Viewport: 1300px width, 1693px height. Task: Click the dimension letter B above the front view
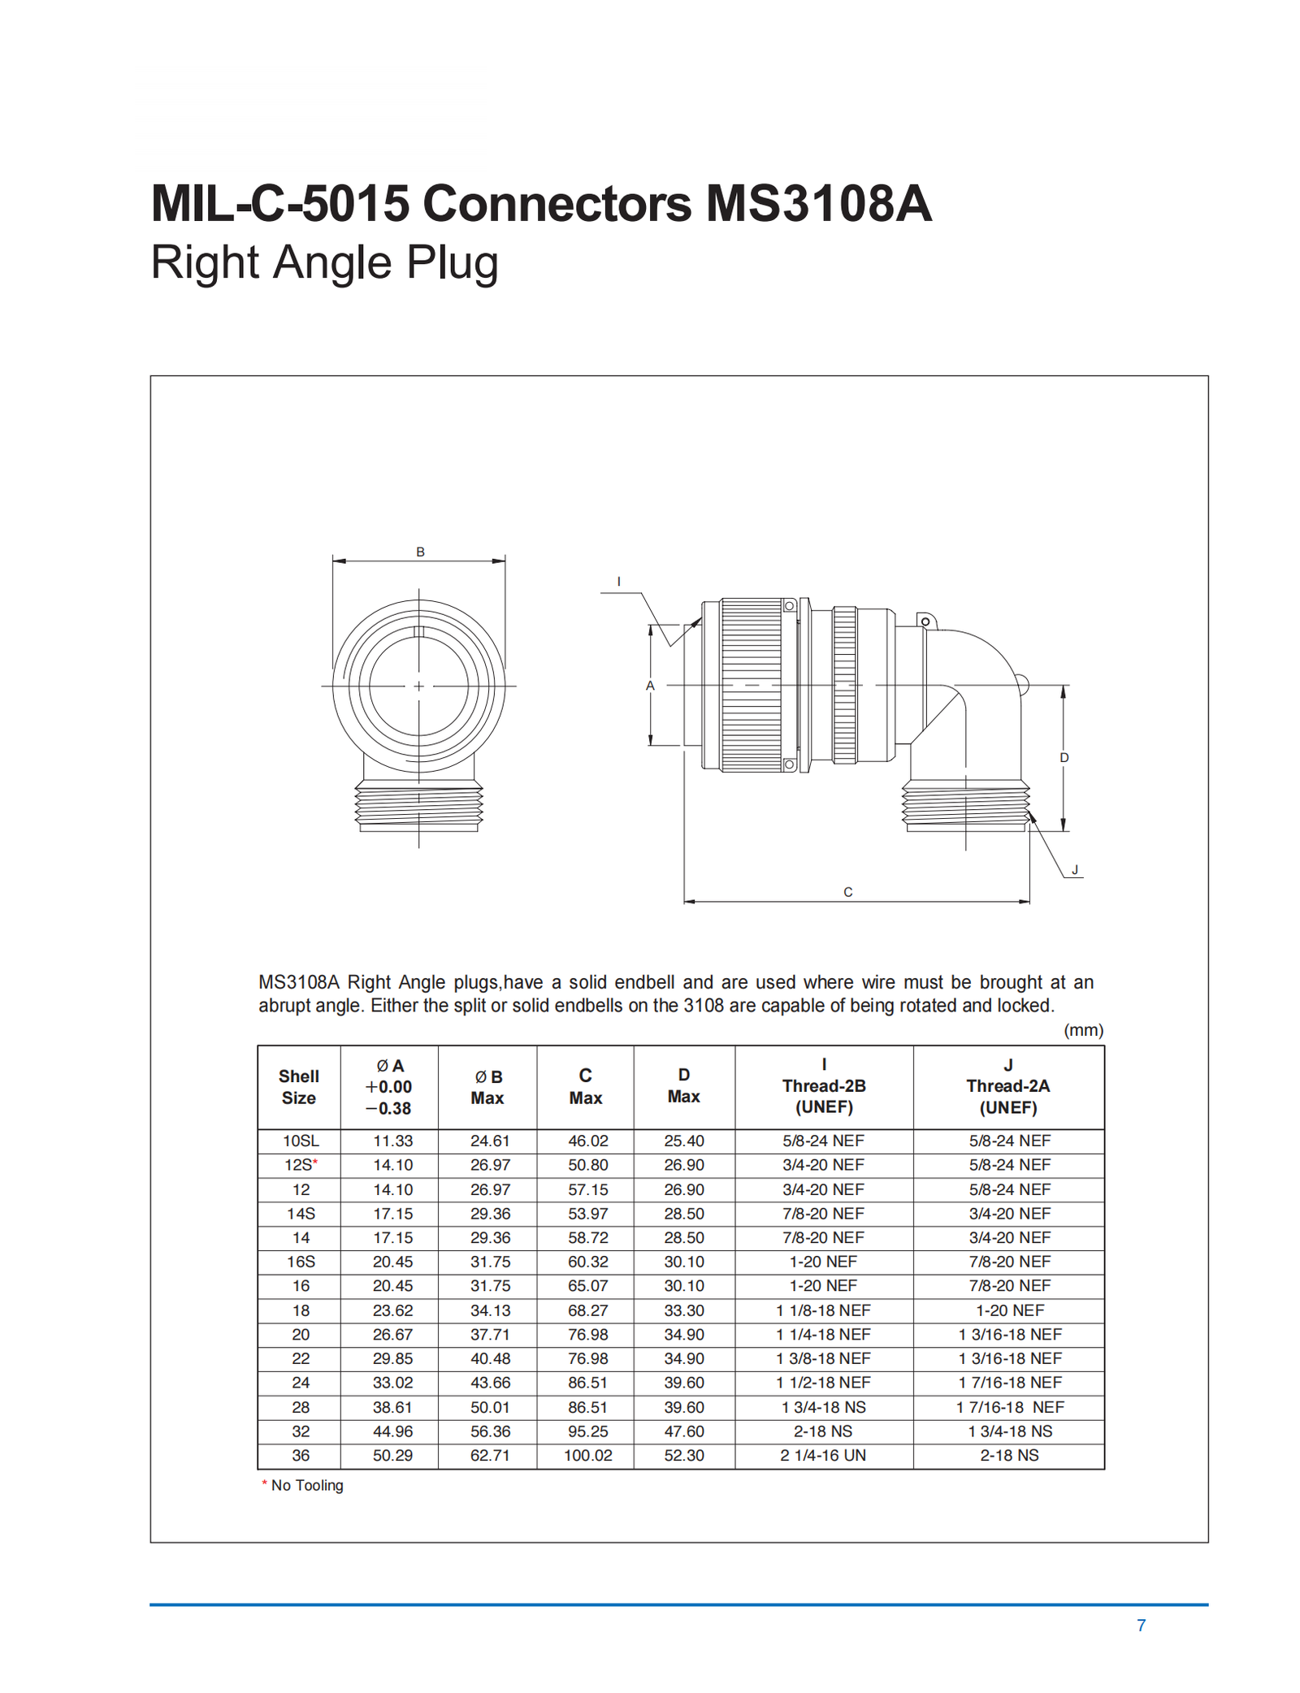coord(420,552)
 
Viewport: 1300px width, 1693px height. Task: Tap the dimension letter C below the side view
coord(847,892)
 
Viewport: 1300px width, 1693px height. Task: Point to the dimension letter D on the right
coord(1064,758)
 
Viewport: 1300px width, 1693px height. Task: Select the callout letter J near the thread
coord(1074,870)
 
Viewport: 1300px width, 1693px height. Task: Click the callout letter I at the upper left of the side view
coord(618,582)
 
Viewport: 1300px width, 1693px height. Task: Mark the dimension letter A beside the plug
coord(650,686)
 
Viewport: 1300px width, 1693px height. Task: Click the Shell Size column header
coord(298,1087)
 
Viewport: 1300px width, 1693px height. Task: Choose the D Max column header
coord(683,1085)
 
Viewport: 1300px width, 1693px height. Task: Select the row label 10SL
coord(301,1141)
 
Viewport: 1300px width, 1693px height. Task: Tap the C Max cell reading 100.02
coord(587,1455)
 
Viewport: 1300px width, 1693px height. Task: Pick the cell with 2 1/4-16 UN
coord(823,1455)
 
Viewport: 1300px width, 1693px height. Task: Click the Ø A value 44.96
coord(392,1431)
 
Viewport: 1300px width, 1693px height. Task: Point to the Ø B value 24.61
coord(490,1141)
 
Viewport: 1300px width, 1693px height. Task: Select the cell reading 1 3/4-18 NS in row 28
coord(823,1407)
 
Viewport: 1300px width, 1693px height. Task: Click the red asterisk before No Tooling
coord(264,1484)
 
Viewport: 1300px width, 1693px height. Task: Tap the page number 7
coord(1141,1626)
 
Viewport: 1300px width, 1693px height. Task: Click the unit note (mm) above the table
coord(1083,1030)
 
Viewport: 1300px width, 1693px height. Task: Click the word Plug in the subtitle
coord(452,263)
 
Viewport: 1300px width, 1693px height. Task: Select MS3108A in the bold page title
coord(817,203)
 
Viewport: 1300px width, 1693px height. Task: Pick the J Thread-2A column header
coord(1007,1086)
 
